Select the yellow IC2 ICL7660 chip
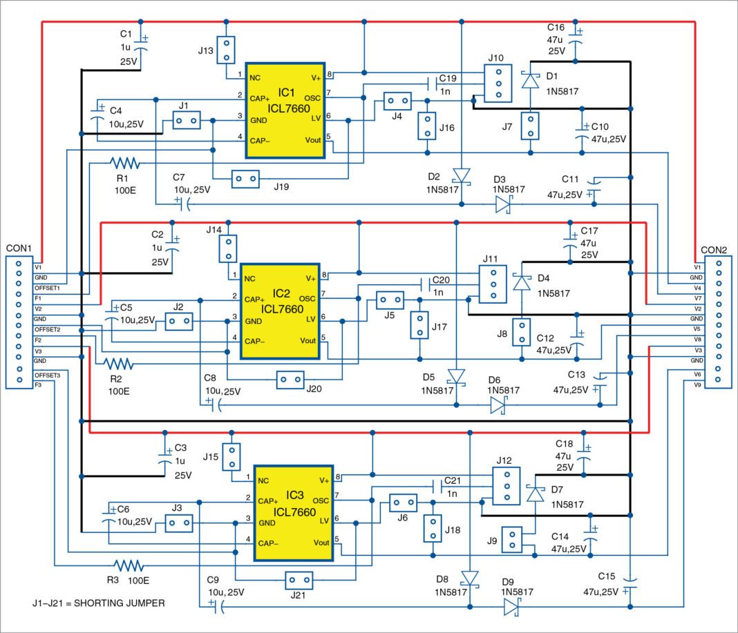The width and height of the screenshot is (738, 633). tap(280, 311)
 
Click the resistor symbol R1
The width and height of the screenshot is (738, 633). tap(125, 164)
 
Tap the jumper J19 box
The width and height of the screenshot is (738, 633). tap(245, 179)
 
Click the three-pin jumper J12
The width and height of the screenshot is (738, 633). tap(505, 488)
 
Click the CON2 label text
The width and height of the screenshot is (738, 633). tap(714, 250)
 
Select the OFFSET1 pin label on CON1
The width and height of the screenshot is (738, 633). tap(48, 288)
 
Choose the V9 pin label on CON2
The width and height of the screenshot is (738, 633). tap(699, 382)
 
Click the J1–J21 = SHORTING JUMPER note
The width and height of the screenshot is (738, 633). tap(99, 603)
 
